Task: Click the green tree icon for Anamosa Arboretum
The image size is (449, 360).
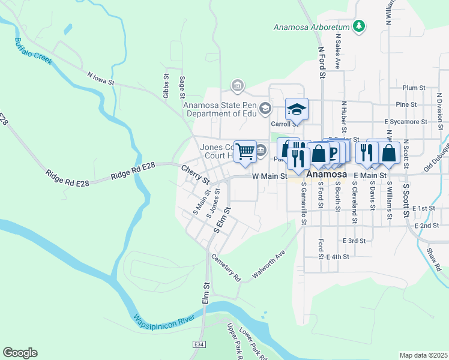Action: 359,26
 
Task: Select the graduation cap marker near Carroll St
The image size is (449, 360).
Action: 297,109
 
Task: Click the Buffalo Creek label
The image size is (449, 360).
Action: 34,52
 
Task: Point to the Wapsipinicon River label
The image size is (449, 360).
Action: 164,319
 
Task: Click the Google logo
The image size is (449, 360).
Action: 20,353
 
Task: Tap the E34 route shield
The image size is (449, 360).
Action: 198,344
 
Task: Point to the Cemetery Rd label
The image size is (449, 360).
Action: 226,268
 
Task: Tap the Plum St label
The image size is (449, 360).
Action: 414,88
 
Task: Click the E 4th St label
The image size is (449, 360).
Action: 337,256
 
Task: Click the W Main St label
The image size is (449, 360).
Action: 270,176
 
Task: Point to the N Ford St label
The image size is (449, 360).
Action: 321,63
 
